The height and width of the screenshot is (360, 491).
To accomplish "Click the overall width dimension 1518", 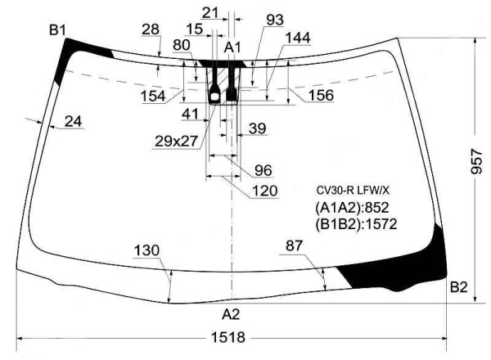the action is pyautogui.click(x=228, y=337).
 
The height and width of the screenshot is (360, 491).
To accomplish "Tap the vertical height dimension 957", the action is pyautogui.click(x=476, y=161).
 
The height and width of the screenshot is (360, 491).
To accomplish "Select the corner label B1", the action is pyautogui.click(x=57, y=30).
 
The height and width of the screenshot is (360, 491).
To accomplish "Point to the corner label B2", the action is pyautogui.click(x=458, y=286).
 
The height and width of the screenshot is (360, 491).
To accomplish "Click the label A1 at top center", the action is pyautogui.click(x=232, y=47).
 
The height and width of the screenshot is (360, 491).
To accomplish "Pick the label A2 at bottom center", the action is pyautogui.click(x=231, y=314).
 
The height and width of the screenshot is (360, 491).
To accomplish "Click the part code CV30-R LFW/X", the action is pyautogui.click(x=353, y=190).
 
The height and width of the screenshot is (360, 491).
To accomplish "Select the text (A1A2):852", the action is pyautogui.click(x=352, y=208).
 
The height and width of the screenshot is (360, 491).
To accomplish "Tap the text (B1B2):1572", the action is pyautogui.click(x=356, y=224).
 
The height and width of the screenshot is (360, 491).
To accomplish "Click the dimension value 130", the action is pyautogui.click(x=146, y=250).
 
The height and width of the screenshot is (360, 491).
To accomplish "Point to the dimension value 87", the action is pyautogui.click(x=294, y=245).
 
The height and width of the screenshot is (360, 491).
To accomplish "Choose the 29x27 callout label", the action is pyautogui.click(x=176, y=142).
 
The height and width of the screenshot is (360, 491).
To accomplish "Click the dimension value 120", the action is pyautogui.click(x=264, y=191).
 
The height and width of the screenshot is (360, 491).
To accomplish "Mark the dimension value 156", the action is pyautogui.click(x=321, y=95).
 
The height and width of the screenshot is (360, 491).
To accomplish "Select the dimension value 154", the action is pyautogui.click(x=153, y=96).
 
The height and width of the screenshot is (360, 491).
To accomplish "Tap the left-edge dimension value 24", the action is pyautogui.click(x=74, y=121).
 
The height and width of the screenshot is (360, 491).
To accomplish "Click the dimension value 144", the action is pyautogui.click(x=298, y=38).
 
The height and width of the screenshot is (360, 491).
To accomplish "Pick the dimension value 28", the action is pyautogui.click(x=151, y=29).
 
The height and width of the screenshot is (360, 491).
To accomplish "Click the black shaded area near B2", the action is pyautogui.click(x=404, y=264).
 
